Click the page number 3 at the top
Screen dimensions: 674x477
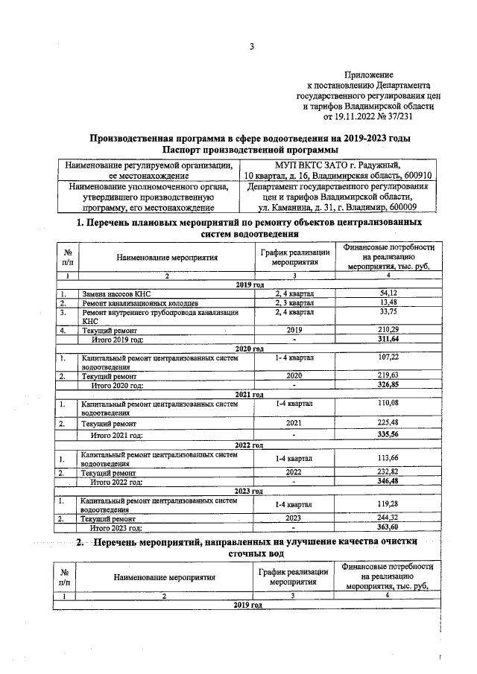pos(252,47)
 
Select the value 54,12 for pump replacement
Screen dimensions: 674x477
pos(388,294)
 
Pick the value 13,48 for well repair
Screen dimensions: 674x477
pos(388,303)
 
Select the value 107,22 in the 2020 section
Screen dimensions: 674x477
pos(388,358)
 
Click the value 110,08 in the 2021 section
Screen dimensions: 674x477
pos(388,404)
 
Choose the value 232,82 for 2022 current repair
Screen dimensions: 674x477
pos(388,472)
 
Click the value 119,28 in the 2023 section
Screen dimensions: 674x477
pos(388,504)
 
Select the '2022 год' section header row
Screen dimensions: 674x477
pos(250,445)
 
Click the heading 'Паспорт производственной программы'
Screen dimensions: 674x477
pos(250,150)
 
